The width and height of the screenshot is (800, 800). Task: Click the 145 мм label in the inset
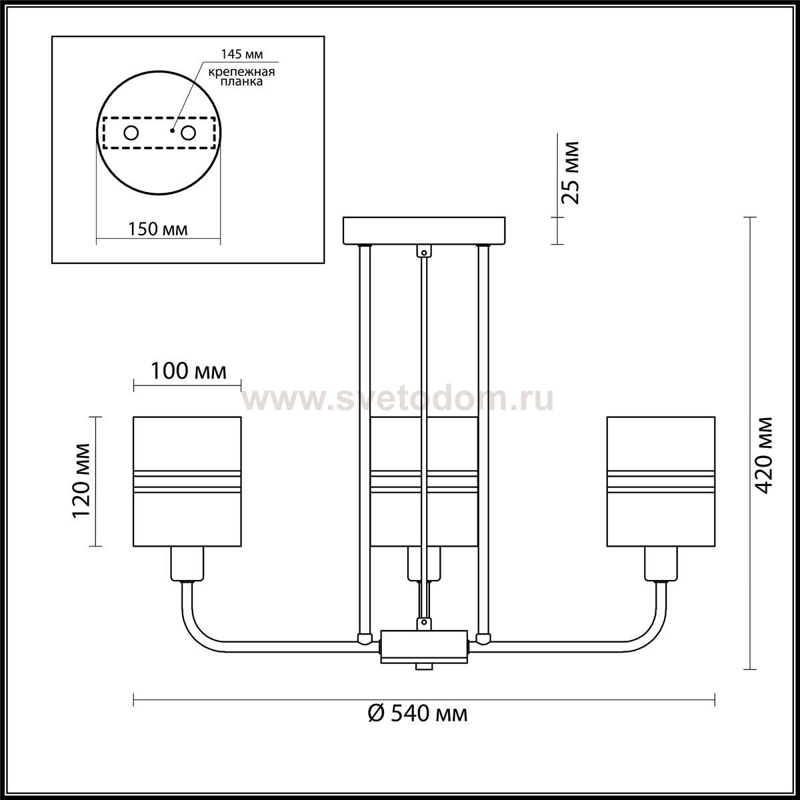click(x=241, y=55)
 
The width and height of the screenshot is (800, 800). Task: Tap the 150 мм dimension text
click(x=158, y=229)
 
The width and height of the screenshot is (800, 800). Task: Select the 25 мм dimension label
click(x=570, y=172)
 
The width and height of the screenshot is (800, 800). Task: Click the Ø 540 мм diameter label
click(x=418, y=713)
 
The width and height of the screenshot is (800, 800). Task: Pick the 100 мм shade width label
click(x=189, y=371)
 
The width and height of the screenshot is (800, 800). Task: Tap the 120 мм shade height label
click(x=81, y=481)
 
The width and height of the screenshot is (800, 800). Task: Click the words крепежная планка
click(x=241, y=77)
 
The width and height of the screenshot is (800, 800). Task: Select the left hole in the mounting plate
click(x=131, y=133)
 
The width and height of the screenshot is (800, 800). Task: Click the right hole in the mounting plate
click(x=188, y=133)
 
